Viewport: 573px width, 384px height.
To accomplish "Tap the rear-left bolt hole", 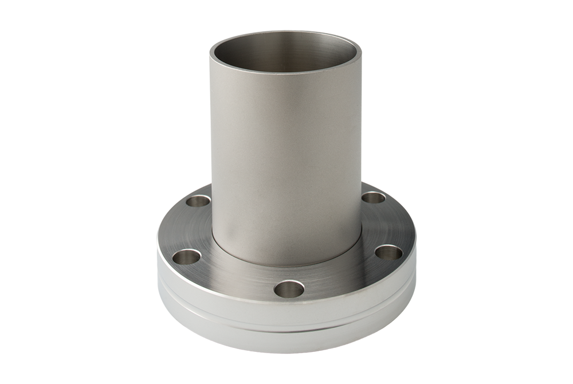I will tap(199, 201).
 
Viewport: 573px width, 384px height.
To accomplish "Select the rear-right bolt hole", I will tap(374, 198).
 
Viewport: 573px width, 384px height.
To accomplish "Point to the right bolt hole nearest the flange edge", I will tap(388, 252).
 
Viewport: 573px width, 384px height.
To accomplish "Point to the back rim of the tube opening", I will tap(286, 33).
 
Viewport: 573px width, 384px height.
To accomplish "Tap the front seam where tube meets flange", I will tap(286, 265).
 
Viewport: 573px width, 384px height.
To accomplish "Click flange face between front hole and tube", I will tap(288, 274).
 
